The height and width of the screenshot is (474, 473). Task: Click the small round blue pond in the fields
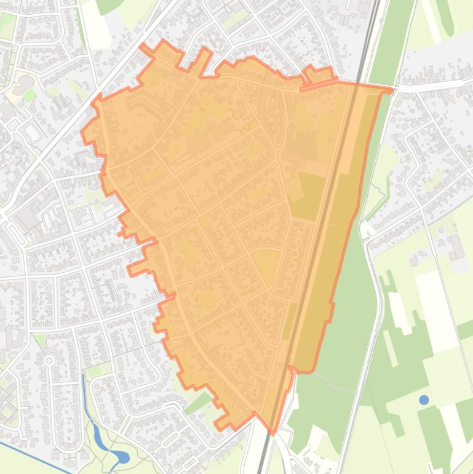coord(424,400)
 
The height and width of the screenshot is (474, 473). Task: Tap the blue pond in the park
coord(121,457)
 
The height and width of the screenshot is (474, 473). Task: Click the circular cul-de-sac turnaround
coord(49,360)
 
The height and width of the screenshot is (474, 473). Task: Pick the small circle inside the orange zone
coord(237,114)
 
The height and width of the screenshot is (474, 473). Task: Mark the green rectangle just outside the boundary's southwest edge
coord(197,404)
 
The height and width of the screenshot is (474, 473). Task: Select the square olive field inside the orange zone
coord(306,195)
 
